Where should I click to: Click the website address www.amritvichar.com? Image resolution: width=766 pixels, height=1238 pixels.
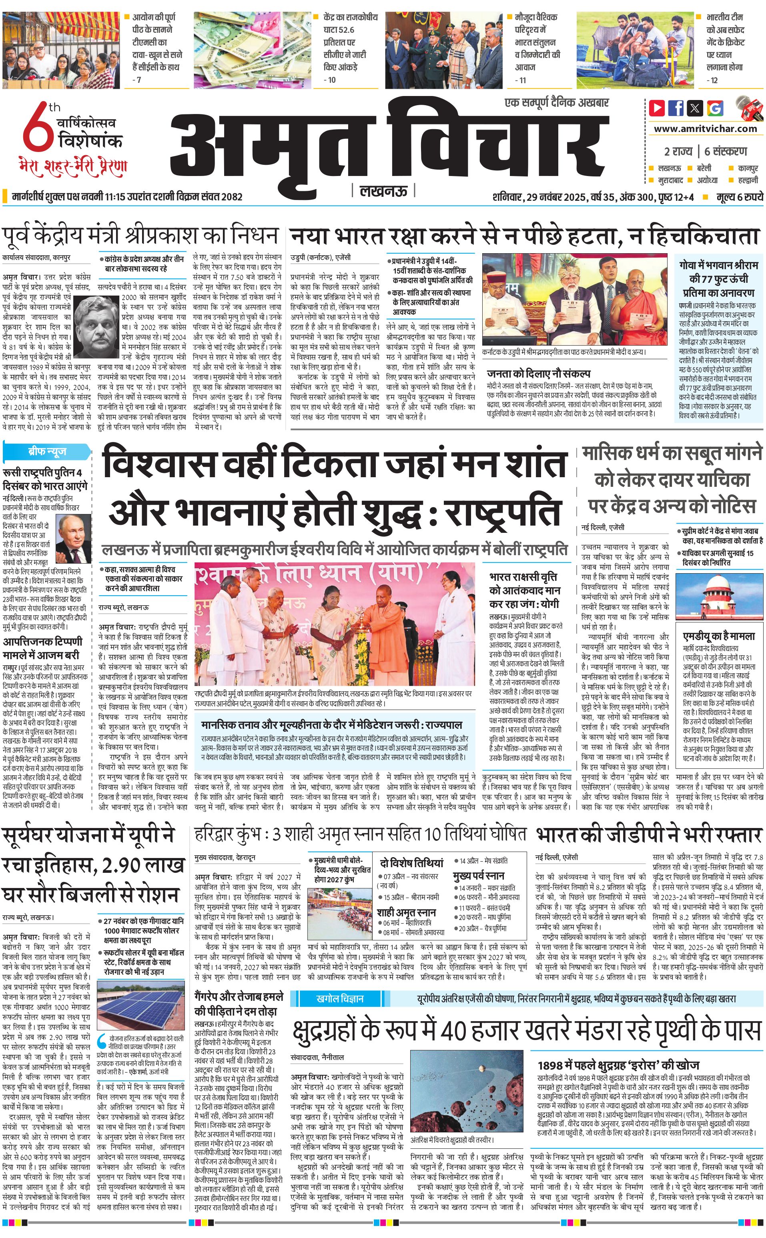tap(705, 129)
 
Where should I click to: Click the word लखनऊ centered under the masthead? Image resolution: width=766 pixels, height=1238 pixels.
tap(383, 191)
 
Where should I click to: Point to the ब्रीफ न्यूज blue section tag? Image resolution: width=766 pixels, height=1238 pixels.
tap(47, 451)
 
